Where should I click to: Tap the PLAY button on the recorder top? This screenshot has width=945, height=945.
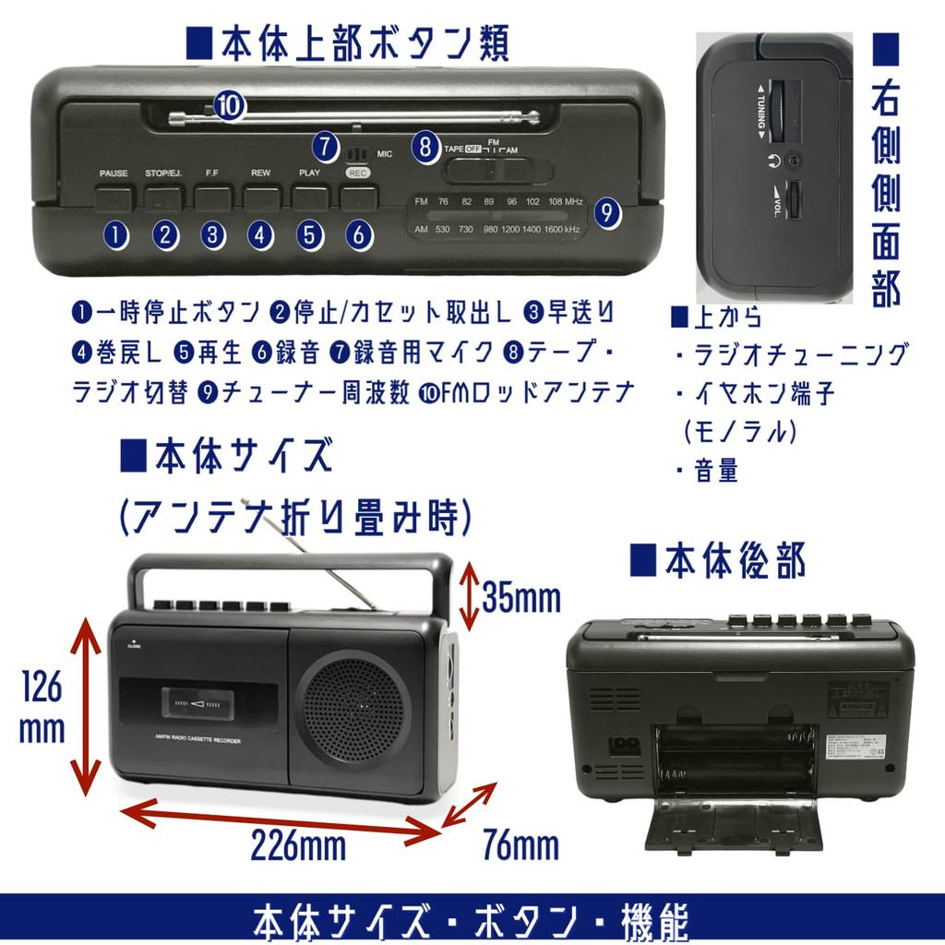pos(310,197)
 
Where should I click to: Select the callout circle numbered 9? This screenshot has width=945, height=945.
pos(606,213)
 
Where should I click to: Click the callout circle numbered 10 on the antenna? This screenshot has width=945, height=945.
pos(230,105)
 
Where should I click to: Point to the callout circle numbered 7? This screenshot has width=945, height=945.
pos(324,145)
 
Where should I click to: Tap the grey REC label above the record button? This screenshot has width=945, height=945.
pos(357,173)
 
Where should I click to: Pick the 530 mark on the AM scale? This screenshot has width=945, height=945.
pos(443,229)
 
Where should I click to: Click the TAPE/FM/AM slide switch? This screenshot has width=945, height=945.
pos(499,171)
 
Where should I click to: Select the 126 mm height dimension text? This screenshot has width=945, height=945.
pos(42,706)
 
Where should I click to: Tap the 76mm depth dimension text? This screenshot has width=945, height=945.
pos(520,843)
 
